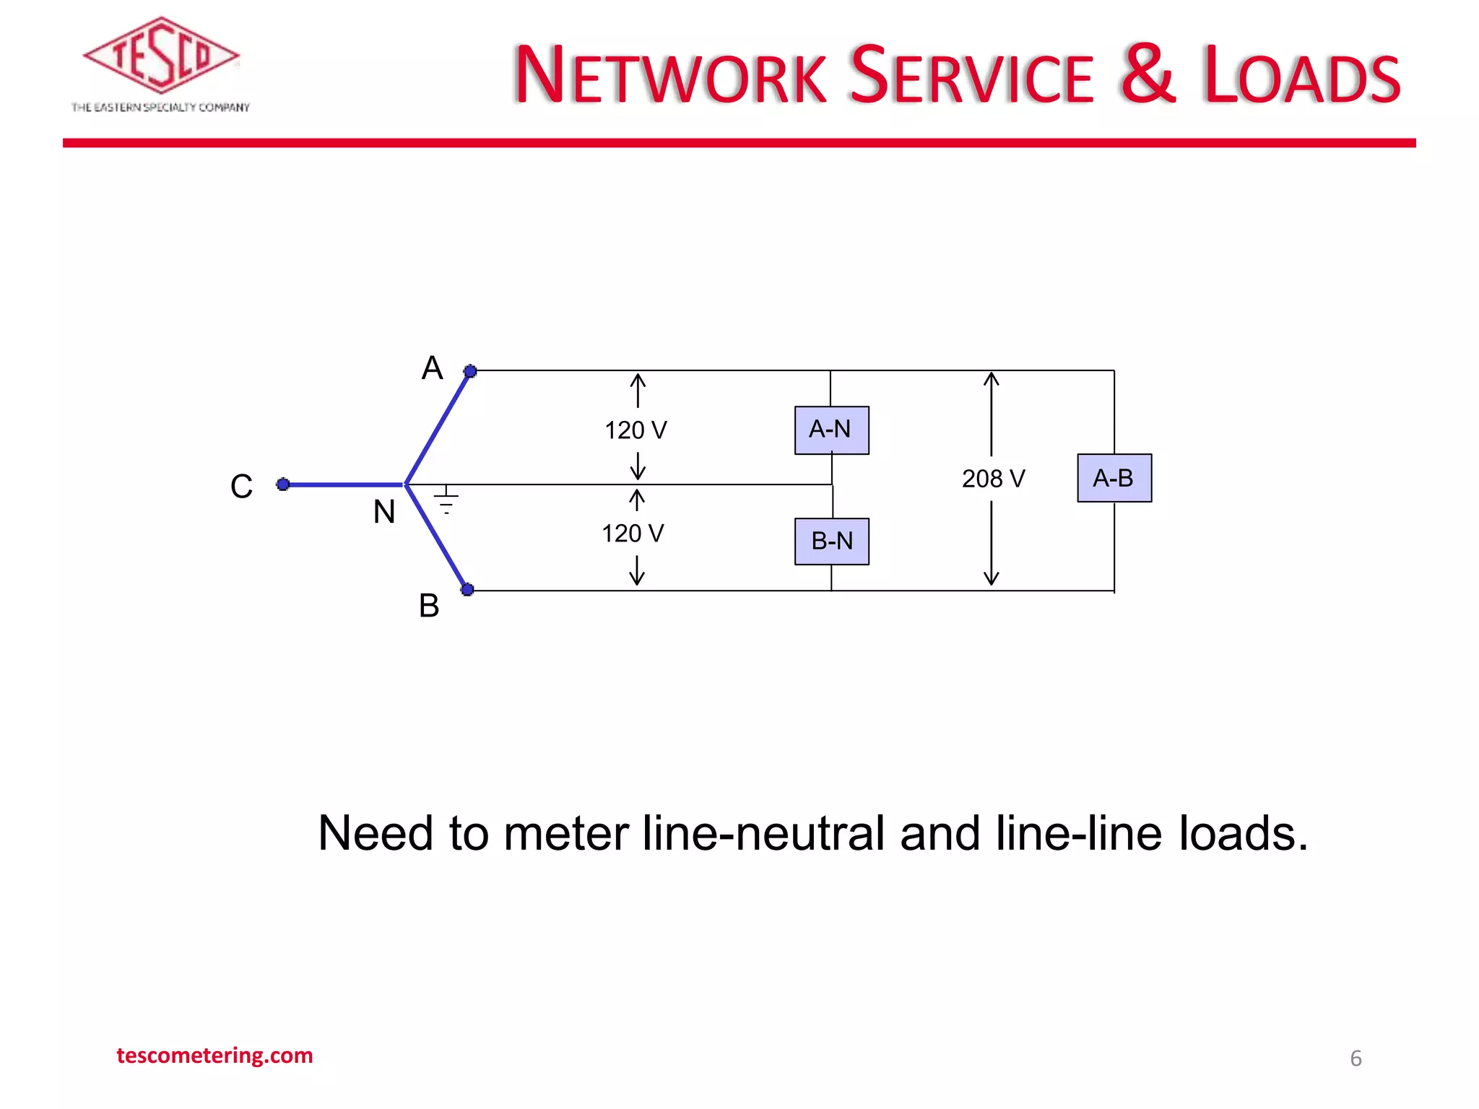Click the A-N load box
click(831, 430)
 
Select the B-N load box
click(831, 542)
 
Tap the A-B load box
click(1114, 478)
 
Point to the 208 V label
click(993, 479)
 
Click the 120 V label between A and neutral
click(636, 430)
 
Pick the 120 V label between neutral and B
click(633, 534)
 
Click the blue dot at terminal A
click(470, 371)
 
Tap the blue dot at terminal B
click(467, 589)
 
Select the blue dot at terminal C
click(283, 484)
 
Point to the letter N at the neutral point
click(384, 512)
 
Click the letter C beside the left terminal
click(241, 487)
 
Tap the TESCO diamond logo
click(161, 56)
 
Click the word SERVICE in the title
click(971, 76)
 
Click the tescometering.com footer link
click(214, 1056)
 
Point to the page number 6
click(1356, 1058)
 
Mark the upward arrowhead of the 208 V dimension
click(992, 378)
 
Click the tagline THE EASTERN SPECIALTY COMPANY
click(160, 108)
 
